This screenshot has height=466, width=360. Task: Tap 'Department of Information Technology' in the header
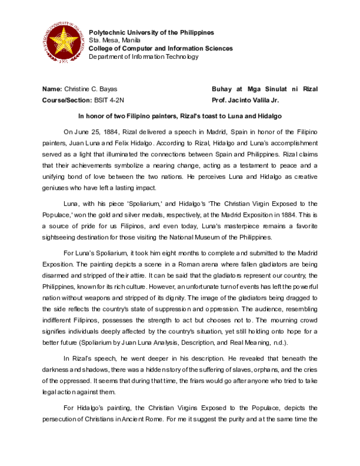[x=143, y=56]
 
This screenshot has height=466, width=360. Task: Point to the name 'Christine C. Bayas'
[x=91, y=89]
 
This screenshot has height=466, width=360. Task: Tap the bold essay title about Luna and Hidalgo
[x=180, y=115]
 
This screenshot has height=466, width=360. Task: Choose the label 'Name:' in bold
[x=52, y=89]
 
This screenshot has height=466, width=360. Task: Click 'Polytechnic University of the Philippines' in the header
[x=151, y=32]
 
